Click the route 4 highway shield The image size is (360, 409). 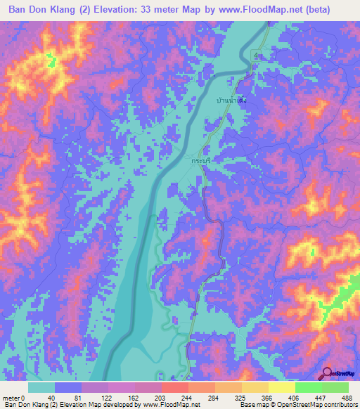click(x=257, y=55)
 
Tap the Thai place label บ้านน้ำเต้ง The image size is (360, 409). click(x=231, y=100)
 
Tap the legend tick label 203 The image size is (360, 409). click(x=162, y=397)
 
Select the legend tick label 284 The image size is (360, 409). click(x=215, y=397)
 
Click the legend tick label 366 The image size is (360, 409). click(x=269, y=397)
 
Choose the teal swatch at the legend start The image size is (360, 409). click(x=41, y=387)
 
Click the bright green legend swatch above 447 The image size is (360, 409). click(x=308, y=387)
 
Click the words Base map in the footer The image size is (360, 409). click(x=251, y=405)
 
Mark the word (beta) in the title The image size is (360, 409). click(x=333, y=10)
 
